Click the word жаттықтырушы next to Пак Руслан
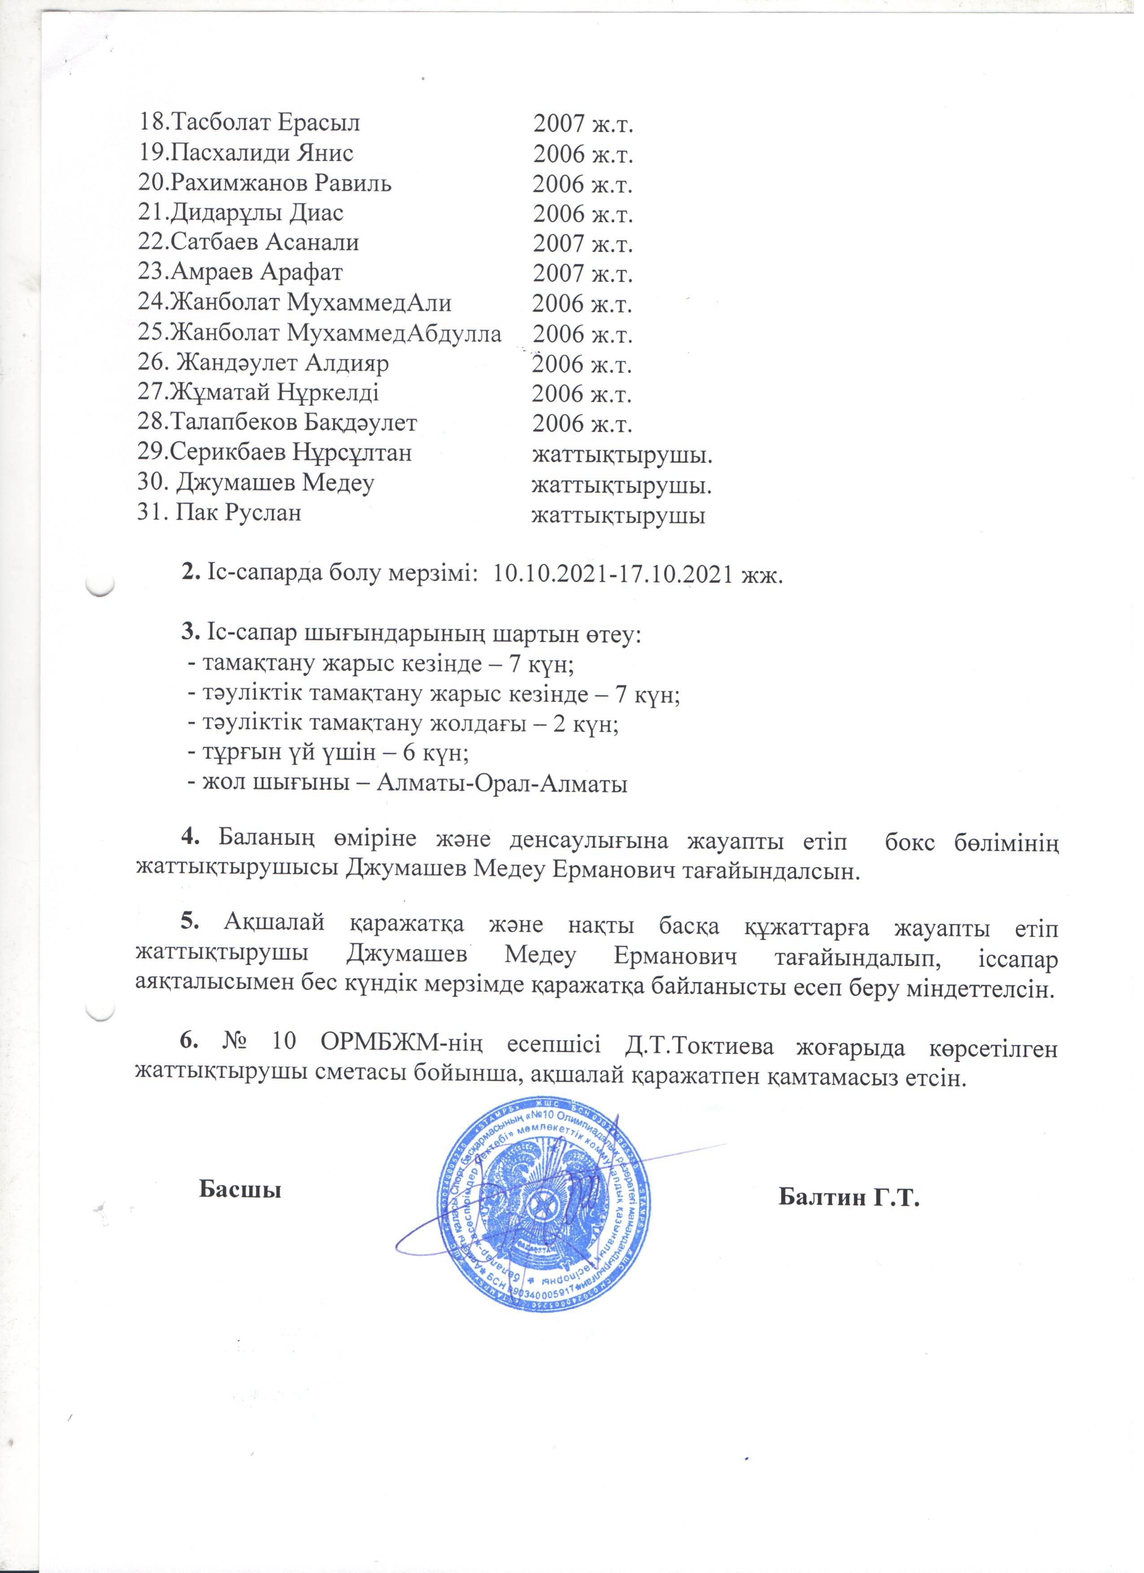619,516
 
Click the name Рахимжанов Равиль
281,183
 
